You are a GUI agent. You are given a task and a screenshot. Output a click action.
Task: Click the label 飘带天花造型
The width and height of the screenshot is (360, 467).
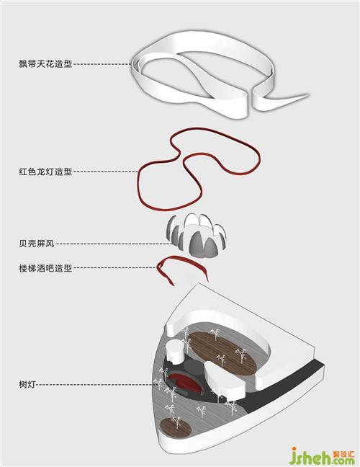click(45, 63)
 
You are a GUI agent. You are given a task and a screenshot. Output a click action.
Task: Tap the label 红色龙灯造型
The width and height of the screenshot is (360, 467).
click(45, 172)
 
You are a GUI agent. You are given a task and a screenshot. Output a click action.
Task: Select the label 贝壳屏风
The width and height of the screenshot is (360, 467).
click(37, 244)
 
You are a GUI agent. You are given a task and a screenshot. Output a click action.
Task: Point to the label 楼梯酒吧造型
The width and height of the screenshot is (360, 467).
click(45, 268)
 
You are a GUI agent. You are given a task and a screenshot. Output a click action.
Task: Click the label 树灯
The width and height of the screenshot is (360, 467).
click(27, 385)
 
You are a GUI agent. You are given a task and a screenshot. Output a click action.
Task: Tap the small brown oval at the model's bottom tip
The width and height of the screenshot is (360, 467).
click(176, 428)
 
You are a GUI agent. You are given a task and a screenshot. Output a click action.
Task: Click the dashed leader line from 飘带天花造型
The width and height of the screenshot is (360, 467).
click(102, 63)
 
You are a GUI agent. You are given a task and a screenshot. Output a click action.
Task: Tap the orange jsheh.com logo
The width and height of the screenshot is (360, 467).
click(322, 456)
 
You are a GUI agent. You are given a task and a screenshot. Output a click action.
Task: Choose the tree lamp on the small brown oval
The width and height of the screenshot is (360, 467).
click(176, 422)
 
